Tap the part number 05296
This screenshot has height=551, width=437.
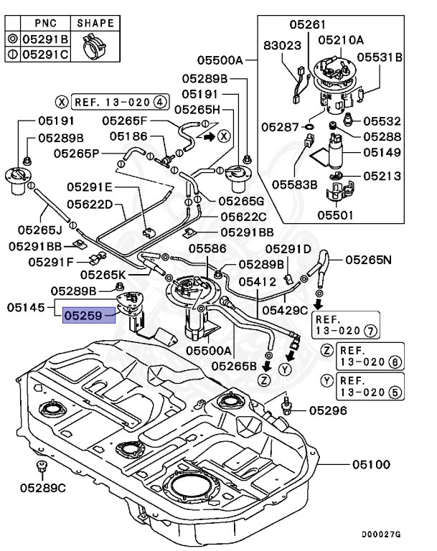[x=328, y=410]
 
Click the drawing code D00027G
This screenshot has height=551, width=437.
[x=381, y=534]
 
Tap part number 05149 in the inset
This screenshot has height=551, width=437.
[x=382, y=151]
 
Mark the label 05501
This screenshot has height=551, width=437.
[x=336, y=214]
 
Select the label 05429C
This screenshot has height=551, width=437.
[x=284, y=310]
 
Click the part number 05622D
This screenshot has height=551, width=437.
[x=90, y=204]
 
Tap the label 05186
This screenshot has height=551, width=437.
[x=128, y=136]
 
